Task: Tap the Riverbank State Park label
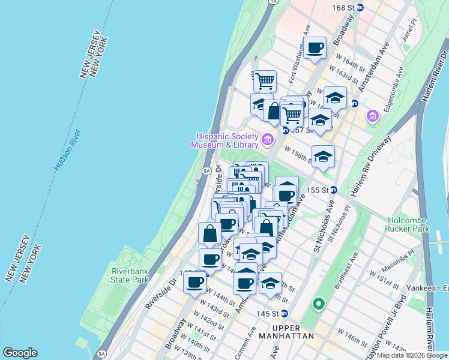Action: [130, 275]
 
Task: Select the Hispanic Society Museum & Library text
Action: [224, 140]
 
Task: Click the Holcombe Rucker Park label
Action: [409, 224]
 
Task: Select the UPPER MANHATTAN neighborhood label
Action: [293, 332]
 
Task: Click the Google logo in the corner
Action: [20, 353]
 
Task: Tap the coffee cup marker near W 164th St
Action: [315, 48]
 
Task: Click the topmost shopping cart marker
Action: [264, 81]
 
